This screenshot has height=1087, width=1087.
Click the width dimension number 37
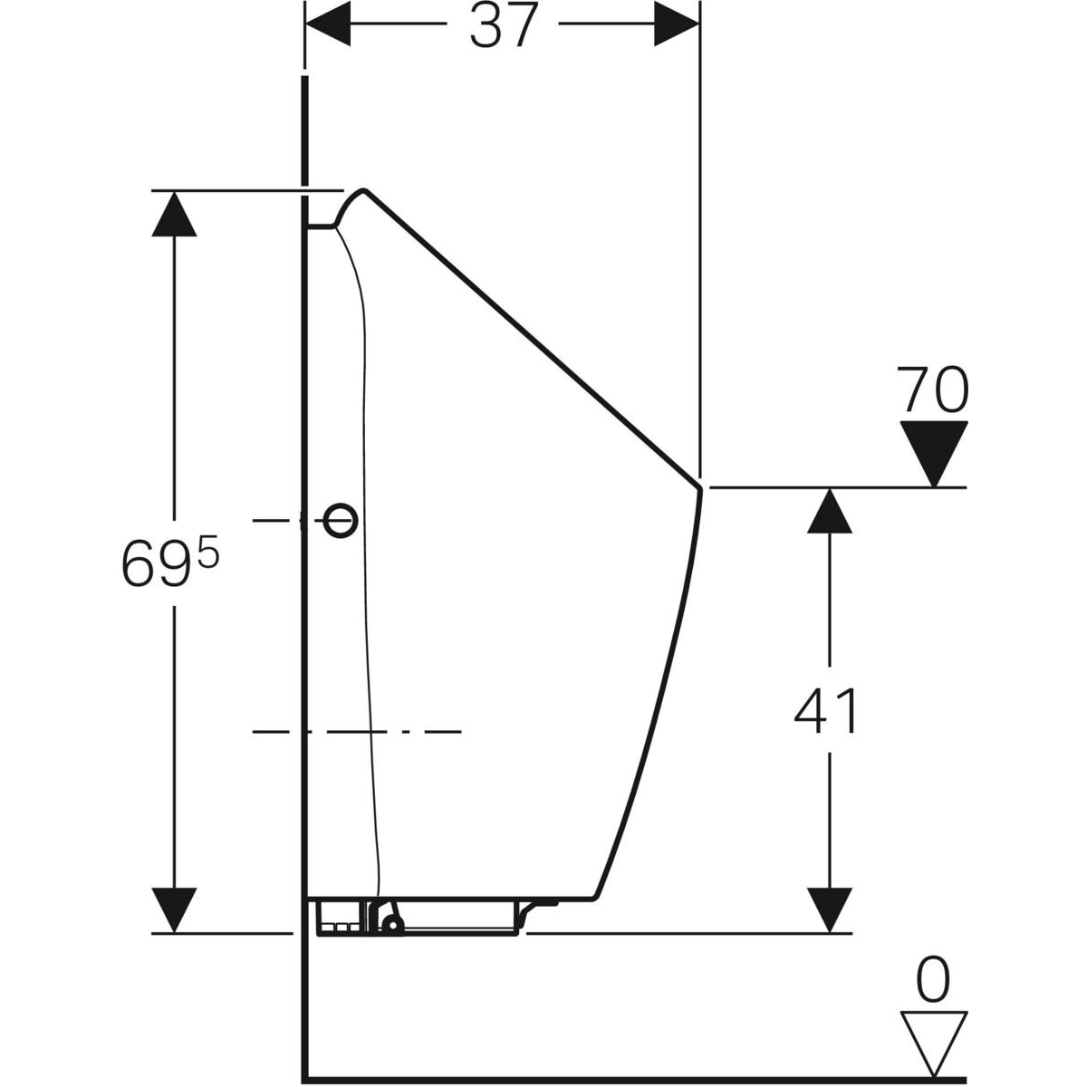tap(502, 26)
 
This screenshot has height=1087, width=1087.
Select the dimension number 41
tap(825, 711)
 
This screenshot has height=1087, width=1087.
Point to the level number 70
tap(933, 390)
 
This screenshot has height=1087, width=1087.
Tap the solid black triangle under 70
tap(934, 453)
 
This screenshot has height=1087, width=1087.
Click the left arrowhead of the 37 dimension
tap(327, 24)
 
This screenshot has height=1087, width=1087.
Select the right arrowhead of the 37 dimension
tap(677, 24)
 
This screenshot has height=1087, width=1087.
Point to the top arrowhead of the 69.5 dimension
tap(174, 214)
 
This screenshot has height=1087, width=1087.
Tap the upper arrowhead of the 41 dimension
tap(829, 510)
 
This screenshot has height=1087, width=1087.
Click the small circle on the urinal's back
tap(341, 520)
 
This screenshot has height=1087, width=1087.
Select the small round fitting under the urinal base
tap(391, 923)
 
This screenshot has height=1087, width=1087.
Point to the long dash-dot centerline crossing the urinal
tap(357, 732)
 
